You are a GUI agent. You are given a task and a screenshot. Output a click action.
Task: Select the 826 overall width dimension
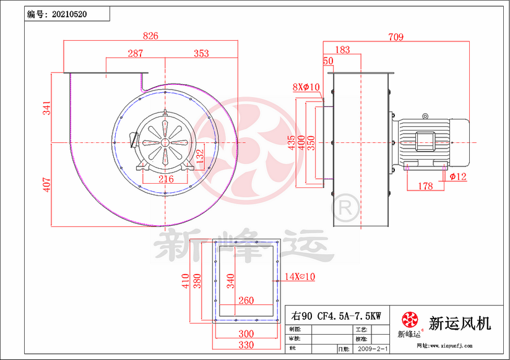[x=150, y=36]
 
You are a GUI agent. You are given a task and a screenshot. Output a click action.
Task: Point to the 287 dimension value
[x=136, y=54]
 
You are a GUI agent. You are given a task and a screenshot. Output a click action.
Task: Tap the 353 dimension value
[x=201, y=54]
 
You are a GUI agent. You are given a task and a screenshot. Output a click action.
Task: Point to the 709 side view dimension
[x=395, y=37]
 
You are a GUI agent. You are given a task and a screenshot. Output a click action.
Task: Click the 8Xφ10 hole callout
[x=306, y=87]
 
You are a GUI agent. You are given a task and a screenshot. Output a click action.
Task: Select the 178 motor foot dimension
[x=425, y=186]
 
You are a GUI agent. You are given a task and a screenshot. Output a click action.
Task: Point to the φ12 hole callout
[x=457, y=177]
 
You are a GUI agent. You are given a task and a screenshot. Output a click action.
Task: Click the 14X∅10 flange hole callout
[x=300, y=277]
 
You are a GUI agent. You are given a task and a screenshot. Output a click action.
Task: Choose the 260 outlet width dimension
[x=246, y=301]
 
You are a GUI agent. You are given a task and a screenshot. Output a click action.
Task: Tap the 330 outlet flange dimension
[x=246, y=344]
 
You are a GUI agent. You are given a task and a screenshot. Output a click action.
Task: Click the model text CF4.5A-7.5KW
[x=349, y=315]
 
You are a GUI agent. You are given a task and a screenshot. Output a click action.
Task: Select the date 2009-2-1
[x=374, y=349]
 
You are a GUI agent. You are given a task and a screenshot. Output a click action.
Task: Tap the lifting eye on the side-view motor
[x=425, y=116]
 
